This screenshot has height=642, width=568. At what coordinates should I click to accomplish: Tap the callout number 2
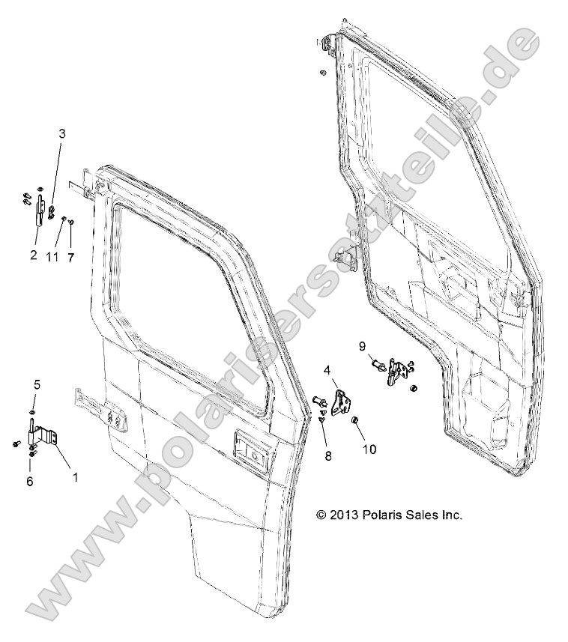click(34, 255)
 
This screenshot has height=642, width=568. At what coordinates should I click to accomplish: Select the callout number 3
click(62, 133)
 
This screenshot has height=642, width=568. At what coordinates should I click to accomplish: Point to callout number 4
click(327, 370)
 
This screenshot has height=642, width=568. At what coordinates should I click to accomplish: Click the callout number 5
click(36, 384)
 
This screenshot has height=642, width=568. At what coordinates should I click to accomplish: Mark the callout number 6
click(30, 481)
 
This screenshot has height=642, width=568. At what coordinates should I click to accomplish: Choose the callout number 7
click(71, 256)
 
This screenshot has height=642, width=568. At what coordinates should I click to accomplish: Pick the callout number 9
click(362, 345)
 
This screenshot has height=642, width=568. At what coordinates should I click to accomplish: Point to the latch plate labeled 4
click(342, 402)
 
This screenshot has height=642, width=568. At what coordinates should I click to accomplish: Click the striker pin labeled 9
click(378, 366)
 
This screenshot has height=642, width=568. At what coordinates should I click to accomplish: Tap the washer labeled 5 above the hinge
click(33, 411)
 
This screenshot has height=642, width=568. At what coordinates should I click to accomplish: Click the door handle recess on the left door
click(250, 449)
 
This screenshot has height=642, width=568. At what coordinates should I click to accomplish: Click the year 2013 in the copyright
click(343, 515)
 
